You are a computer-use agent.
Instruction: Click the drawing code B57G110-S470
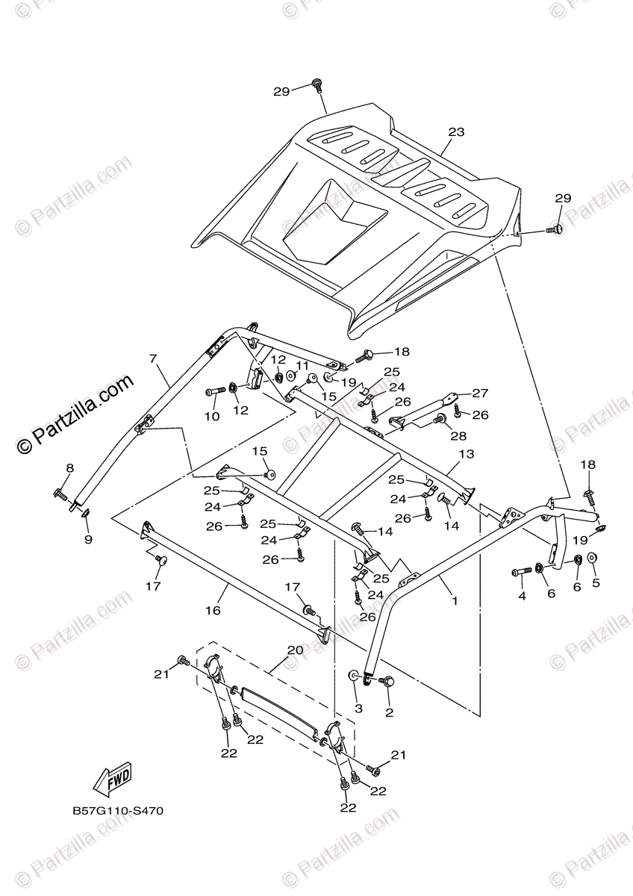(x=118, y=810)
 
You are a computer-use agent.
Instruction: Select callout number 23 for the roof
(x=456, y=132)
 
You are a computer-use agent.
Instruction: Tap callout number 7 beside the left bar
(x=154, y=359)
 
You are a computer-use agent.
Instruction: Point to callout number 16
(x=213, y=610)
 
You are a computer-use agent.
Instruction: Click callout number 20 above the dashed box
(x=295, y=650)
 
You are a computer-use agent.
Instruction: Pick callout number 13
(x=467, y=454)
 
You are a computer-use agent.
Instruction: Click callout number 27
(x=479, y=393)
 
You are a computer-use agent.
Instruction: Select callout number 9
(x=88, y=539)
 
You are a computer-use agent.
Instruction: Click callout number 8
(x=69, y=468)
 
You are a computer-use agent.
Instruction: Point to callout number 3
(x=358, y=708)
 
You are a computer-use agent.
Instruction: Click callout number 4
(x=523, y=596)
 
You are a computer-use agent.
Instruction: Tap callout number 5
(x=596, y=582)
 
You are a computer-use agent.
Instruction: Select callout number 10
(x=213, y=417)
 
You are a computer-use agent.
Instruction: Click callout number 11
(x=302, y=365)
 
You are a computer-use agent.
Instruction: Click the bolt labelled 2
(x=386, y=681)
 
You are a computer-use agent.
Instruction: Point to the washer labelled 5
(x=592, y=558)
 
